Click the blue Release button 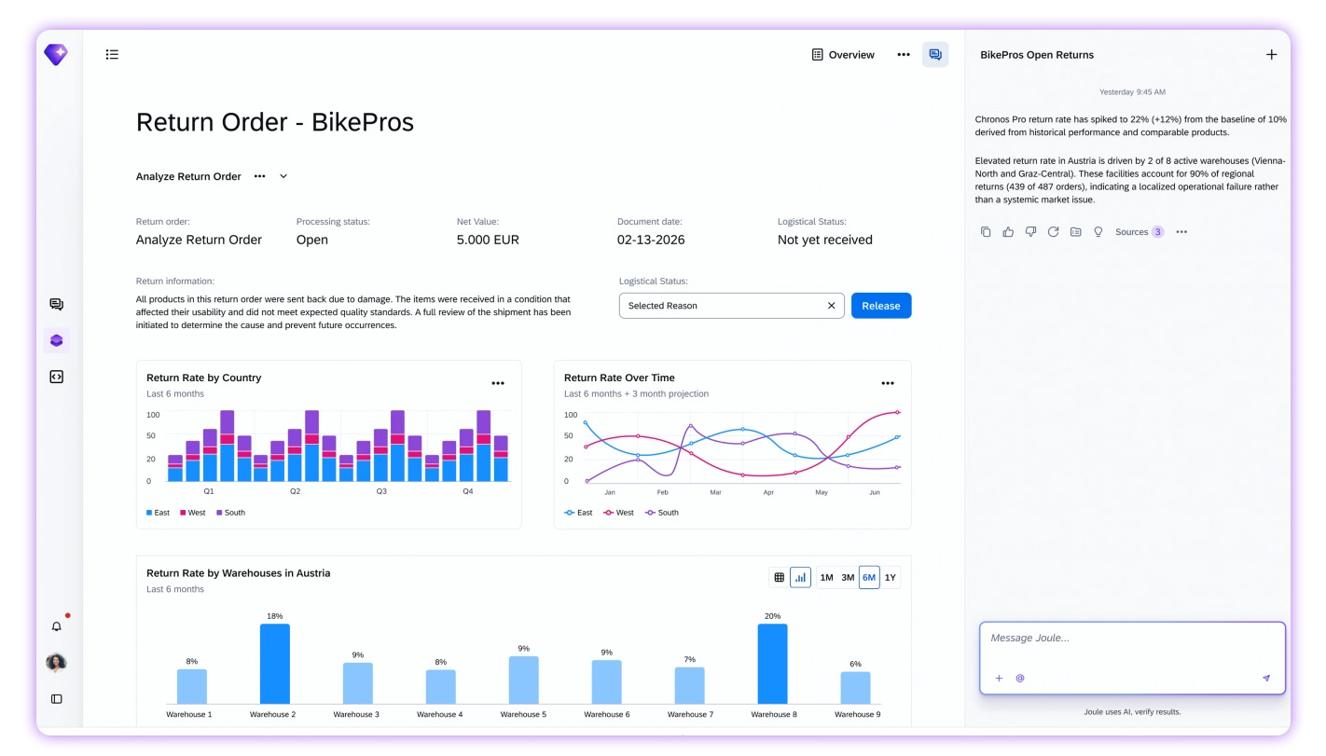pyautogui.click(x=881, y=306)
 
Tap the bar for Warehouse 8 pyautogui.click(x=772, y=664)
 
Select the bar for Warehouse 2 pyautogui.click(x=275, y=664)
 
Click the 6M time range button pyautogui.click(x=869, y=577)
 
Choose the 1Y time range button pyautogui.click(x=891, y=577)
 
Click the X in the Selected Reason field pyautogui.click(x=831, y=306)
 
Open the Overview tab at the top pyautogui.click(x=843, y=54)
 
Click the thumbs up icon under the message pyautogui.click(x=1008, y=232)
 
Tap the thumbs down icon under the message pyautogui.click(x=1030, y=232)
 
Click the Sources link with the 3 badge pyautogui.click(x=1139, y=232)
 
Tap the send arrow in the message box pyautogui.click(x=1266, y=678)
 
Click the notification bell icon pyautogui.click(x=57, y=626)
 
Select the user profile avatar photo pyautogui.click(x=56, y=663)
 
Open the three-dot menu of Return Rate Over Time pyautogui.click(x=888, y=383)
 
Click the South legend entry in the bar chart pyautogui.click(x=231, y=513)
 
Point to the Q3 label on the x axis pyautogui.click(x=381, y=491)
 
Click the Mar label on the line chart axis pyautogui.click(x=715, y=492)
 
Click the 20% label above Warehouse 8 pyautogui.click(x=772, y=616)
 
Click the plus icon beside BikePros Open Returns pyautogui.click(x=1271, y=54)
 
